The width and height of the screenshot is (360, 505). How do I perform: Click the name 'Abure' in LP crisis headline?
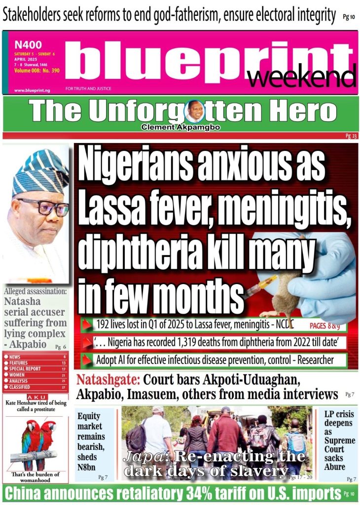pyautogui.click(x=335, y=467)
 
